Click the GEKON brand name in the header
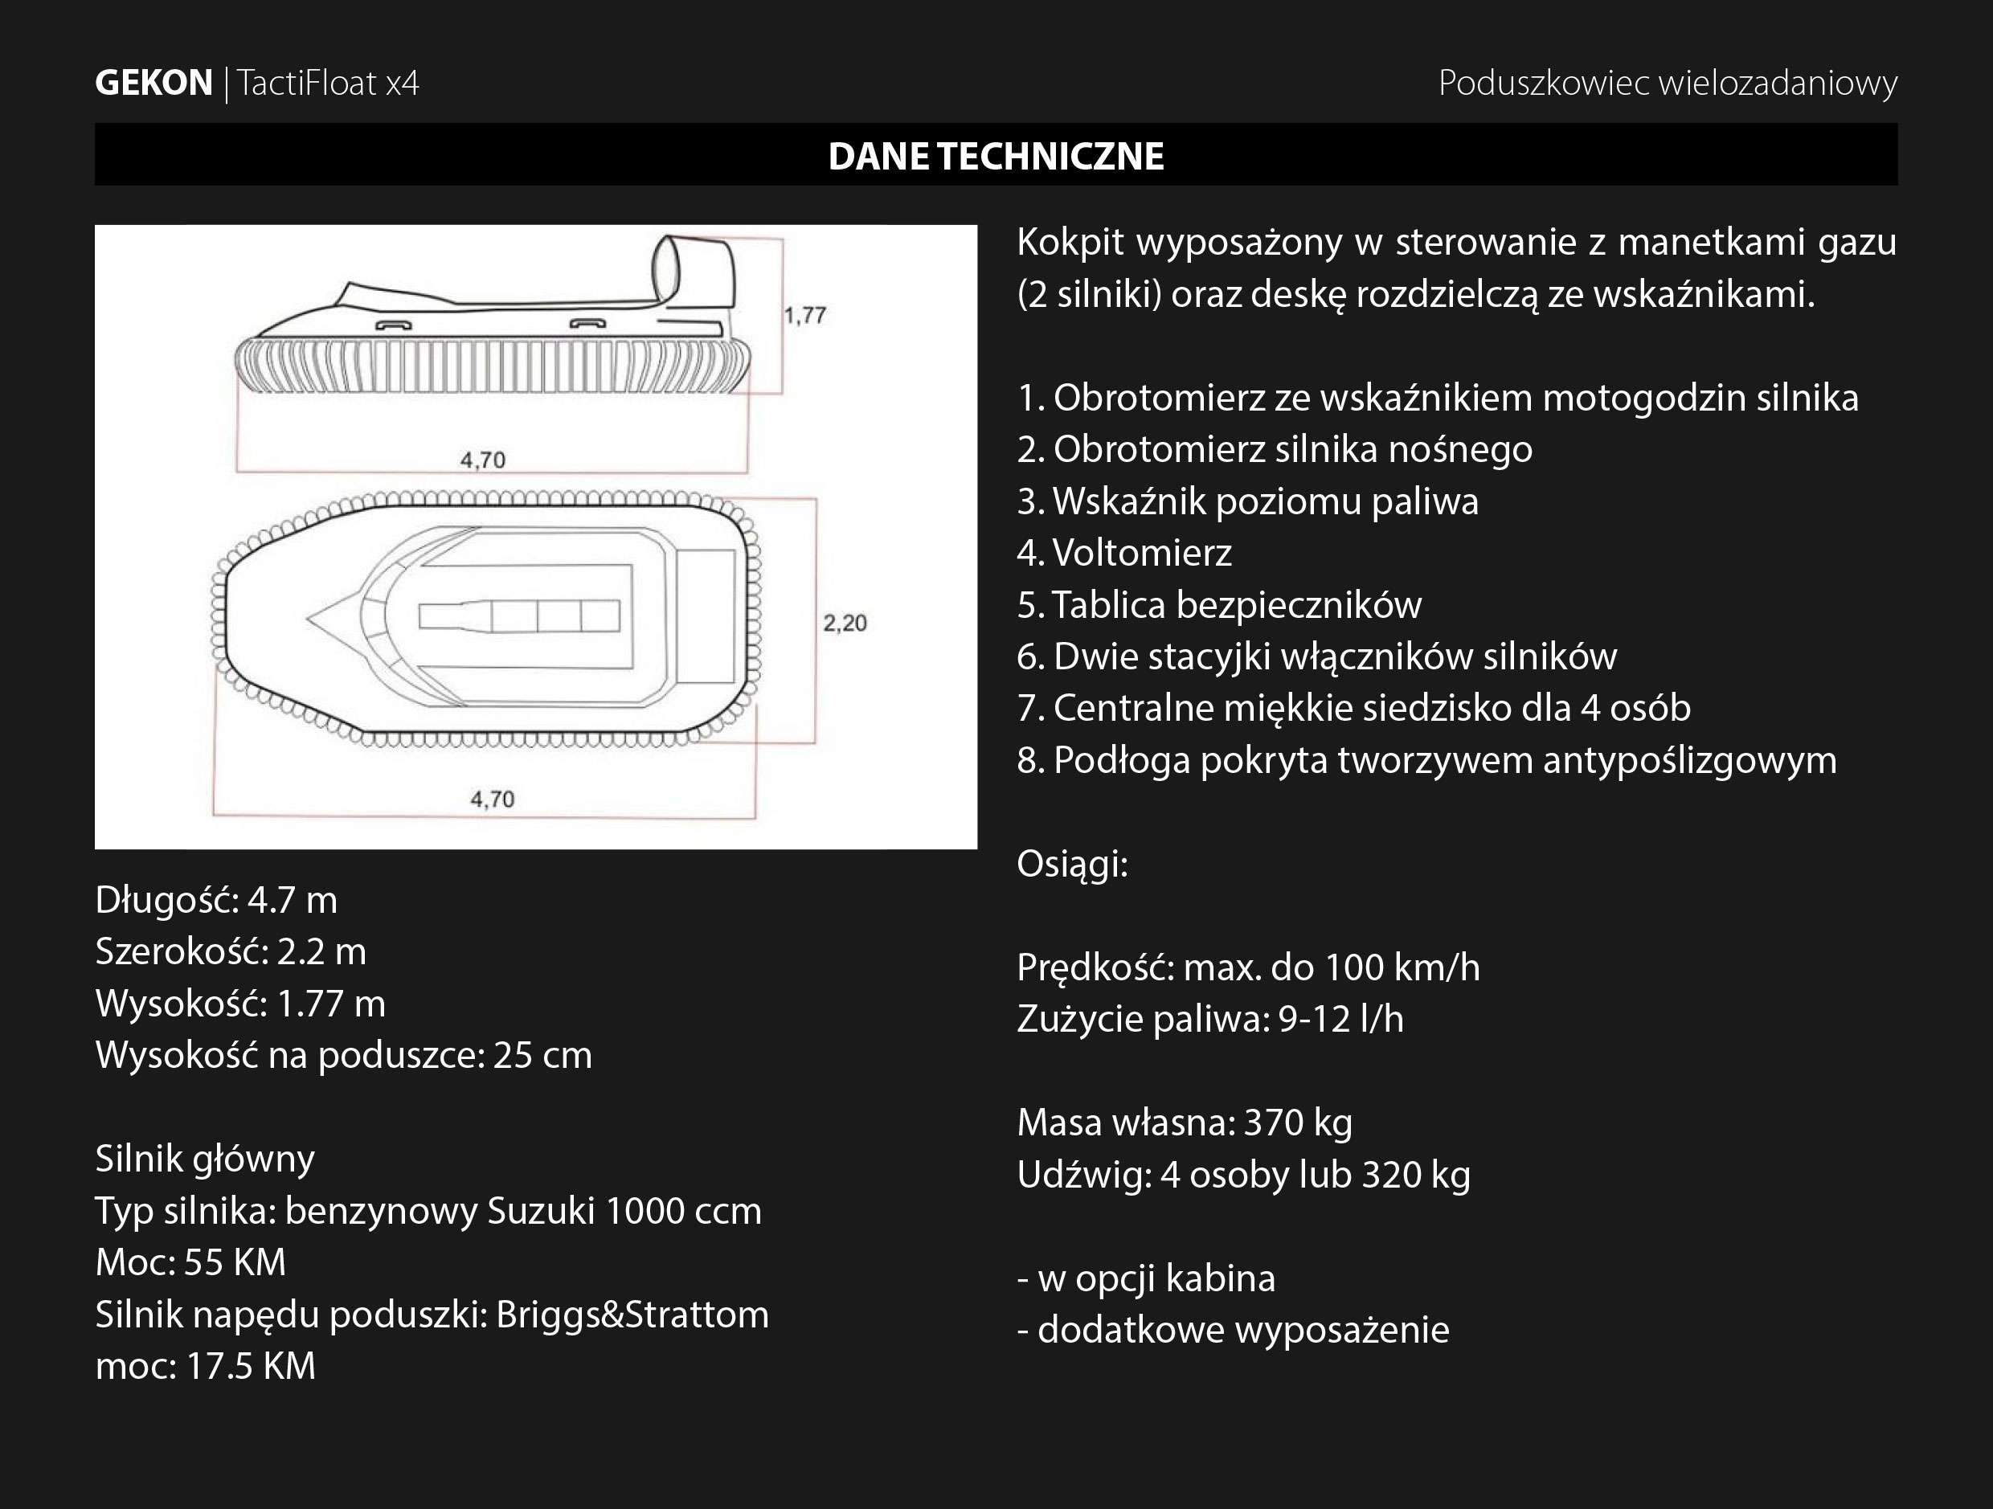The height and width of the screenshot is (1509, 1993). (x=153, y=83)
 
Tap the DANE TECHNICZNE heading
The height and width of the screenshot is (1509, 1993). (x=996, y=156)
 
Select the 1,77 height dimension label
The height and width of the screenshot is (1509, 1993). (x=804, y=315)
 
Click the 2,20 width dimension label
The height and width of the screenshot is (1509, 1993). (x=845, y=623)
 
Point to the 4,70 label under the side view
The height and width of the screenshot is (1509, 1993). (x=483, y=460)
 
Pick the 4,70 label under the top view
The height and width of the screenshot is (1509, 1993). (x=492, y=799)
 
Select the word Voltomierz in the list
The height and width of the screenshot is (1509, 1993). (x=1142, y=552)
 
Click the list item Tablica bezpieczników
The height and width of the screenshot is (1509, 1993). (x=1219, y=604)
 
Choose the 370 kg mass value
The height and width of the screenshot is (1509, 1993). (x=1297, y=1123)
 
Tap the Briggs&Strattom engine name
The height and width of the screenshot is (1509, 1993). (x=632, y=1315)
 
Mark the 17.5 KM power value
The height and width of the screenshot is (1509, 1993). (x=251, y=1367)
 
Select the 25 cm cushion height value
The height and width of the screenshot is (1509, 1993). (x=542, y=1055)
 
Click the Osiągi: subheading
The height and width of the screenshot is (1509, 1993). (x=1072, y=864)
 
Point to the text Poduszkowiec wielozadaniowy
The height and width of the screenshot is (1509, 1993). (x=1668, y=83)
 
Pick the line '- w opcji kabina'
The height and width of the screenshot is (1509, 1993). (x=1146, y=1278)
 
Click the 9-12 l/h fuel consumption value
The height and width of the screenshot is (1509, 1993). (x=1340, y=1019)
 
